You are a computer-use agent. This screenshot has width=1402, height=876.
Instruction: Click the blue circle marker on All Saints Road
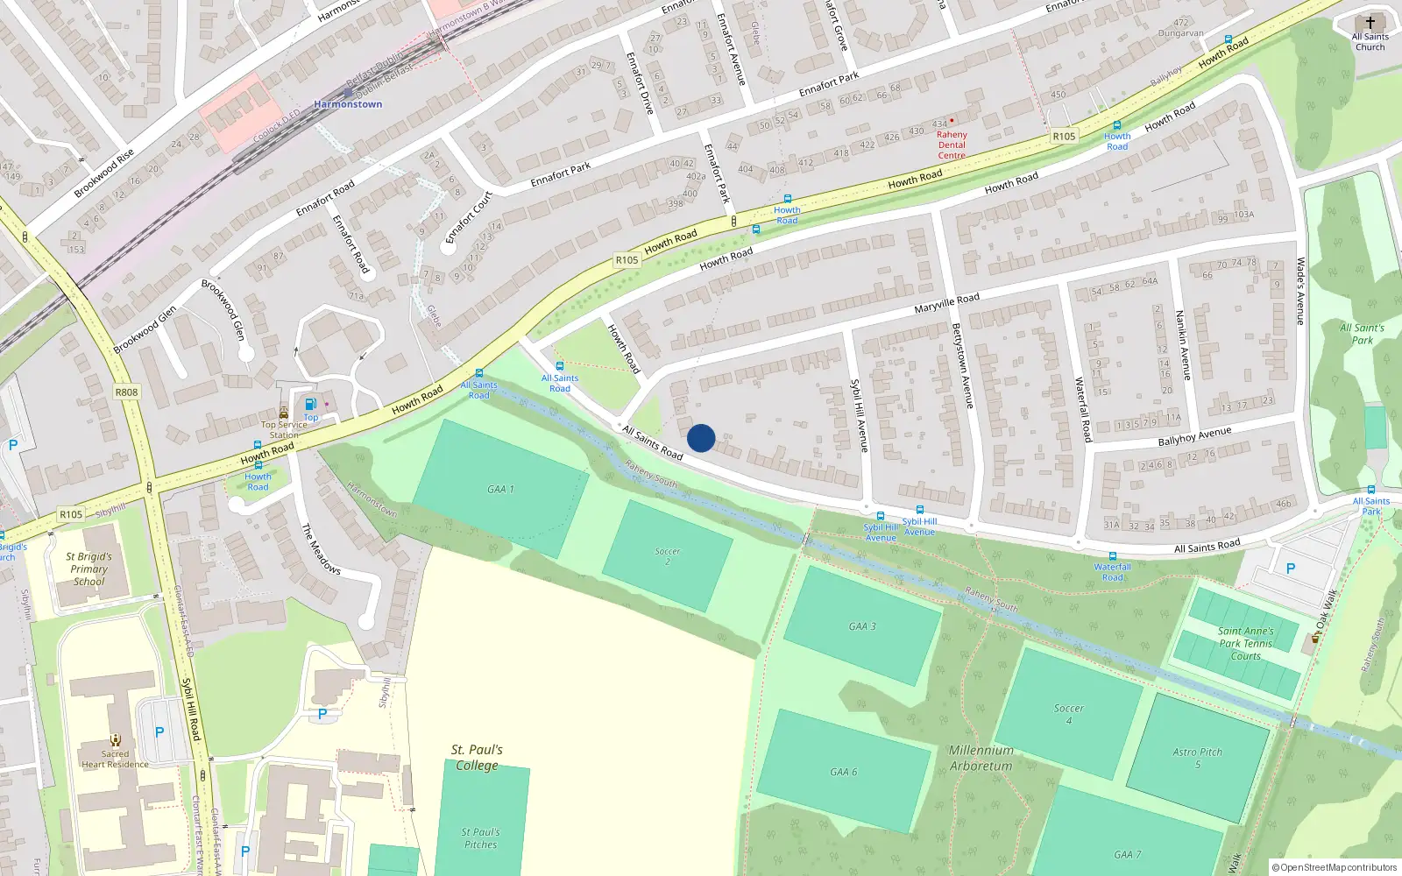[701, 438]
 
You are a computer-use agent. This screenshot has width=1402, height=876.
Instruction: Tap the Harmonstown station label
[348, 104]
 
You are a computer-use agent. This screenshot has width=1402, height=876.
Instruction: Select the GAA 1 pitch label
[500, 489]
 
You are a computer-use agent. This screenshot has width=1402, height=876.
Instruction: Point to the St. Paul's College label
[477, 758]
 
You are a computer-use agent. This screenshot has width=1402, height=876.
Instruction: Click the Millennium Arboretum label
[981, 758]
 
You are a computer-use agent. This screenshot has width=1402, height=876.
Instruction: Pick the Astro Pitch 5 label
[1197, 758]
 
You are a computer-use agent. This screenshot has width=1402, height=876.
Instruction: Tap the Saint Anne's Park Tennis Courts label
[1245, 643]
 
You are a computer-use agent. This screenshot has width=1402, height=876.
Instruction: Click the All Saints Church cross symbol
[1370, 23]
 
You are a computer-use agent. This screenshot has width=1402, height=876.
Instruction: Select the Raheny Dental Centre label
[952, 145]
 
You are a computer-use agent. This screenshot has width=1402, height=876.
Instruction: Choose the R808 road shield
[127, 392]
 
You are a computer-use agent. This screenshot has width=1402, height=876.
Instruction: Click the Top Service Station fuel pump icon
[310, 405]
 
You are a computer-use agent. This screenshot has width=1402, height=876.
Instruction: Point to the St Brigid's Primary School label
[89, 569]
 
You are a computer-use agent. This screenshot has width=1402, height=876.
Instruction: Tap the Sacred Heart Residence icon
[115, 740]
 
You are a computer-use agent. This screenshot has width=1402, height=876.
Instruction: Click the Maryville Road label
[946, 303]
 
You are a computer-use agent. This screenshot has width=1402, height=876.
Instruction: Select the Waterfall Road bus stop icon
[1112, 556]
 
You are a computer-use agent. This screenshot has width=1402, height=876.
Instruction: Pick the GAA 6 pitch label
[843, 772]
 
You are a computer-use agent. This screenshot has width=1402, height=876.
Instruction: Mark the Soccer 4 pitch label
[1068, 714]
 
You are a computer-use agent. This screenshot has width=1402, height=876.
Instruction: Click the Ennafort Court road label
[469, 217]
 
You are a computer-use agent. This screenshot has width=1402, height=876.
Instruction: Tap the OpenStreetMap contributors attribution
[1335, 867]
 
